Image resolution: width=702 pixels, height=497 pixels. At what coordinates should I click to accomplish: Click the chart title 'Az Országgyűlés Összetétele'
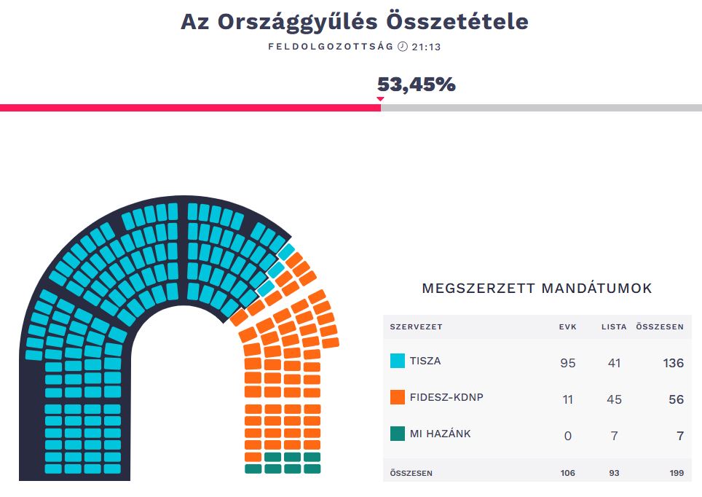pyautogui.click(x=354, y=22)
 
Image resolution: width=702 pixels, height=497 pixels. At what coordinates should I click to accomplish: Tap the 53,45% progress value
pyautogui.click(x=416, y=85)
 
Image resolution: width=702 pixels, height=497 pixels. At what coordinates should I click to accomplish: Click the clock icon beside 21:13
pyautogui.click(x=403, y=47)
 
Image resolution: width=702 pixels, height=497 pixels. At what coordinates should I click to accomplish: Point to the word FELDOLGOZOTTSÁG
pyautogui.click(x=331, y=47)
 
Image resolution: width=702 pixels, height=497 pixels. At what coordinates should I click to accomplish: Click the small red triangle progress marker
pyautogui.click(x=379, y=99)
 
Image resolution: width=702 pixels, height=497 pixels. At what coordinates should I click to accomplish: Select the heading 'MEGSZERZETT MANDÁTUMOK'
pyautogui.click(x=537, y=289)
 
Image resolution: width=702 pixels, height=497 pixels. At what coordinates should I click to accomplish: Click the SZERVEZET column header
pyautogui.click(x=416, y=326)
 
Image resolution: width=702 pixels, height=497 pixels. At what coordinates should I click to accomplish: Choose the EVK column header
pyautogui.click(x=567, y=326)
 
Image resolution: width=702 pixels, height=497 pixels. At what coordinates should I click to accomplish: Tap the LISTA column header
pyautogui.click(x=614, y=326)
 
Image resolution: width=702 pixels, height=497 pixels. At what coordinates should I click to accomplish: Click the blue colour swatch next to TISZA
pyautogui.click(x=398, y=361)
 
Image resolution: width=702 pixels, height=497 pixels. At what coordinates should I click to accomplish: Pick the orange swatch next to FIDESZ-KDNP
pyautogui.click(x=398, y=397)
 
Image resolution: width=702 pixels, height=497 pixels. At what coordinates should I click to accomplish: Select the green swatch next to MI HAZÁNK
pyautogui.click(x=398, y=434)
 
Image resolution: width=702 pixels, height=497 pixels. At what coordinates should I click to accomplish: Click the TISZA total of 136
pyautogui.click(x=673, y=362)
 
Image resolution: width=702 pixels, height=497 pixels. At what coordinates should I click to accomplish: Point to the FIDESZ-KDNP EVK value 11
pyautogui.click(x=568, y=399)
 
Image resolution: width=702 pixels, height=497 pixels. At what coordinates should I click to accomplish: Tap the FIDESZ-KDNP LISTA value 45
pyautogui.click(x=614, y=399)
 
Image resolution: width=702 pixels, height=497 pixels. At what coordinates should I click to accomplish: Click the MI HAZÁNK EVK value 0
pyautogui.click(x=568, y=435)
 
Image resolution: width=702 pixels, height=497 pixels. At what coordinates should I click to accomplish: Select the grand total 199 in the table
pyautogui.click(x=677, y=473)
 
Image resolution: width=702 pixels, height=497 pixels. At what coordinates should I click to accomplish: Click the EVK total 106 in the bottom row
pyautogui.click(x=567, y=473)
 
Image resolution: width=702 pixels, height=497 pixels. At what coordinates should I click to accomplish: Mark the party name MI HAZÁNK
pyautogui.click(x=440, y=434)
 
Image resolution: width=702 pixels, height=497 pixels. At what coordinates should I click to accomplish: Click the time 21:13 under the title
pyautogui.click(x=427, y=47)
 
